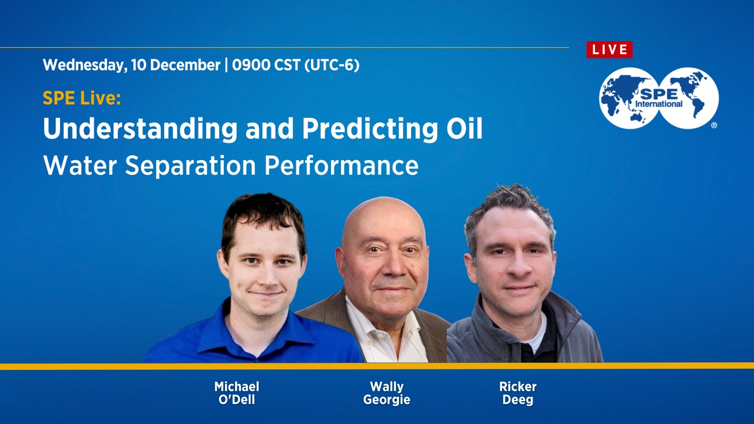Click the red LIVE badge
click(x=609, y=50)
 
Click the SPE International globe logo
click(x=659, y=98)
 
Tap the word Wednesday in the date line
click(x=82, y=65)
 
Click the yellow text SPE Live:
click(x=81, y=98)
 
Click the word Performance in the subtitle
click(x=341, y=167)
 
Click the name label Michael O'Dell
click(x=236, y=393)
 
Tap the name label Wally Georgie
click(x=386, y=393)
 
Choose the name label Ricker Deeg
click(x=518, y=393)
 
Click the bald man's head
click(x=383, y=221)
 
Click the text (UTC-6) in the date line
click(x=332, y=65)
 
